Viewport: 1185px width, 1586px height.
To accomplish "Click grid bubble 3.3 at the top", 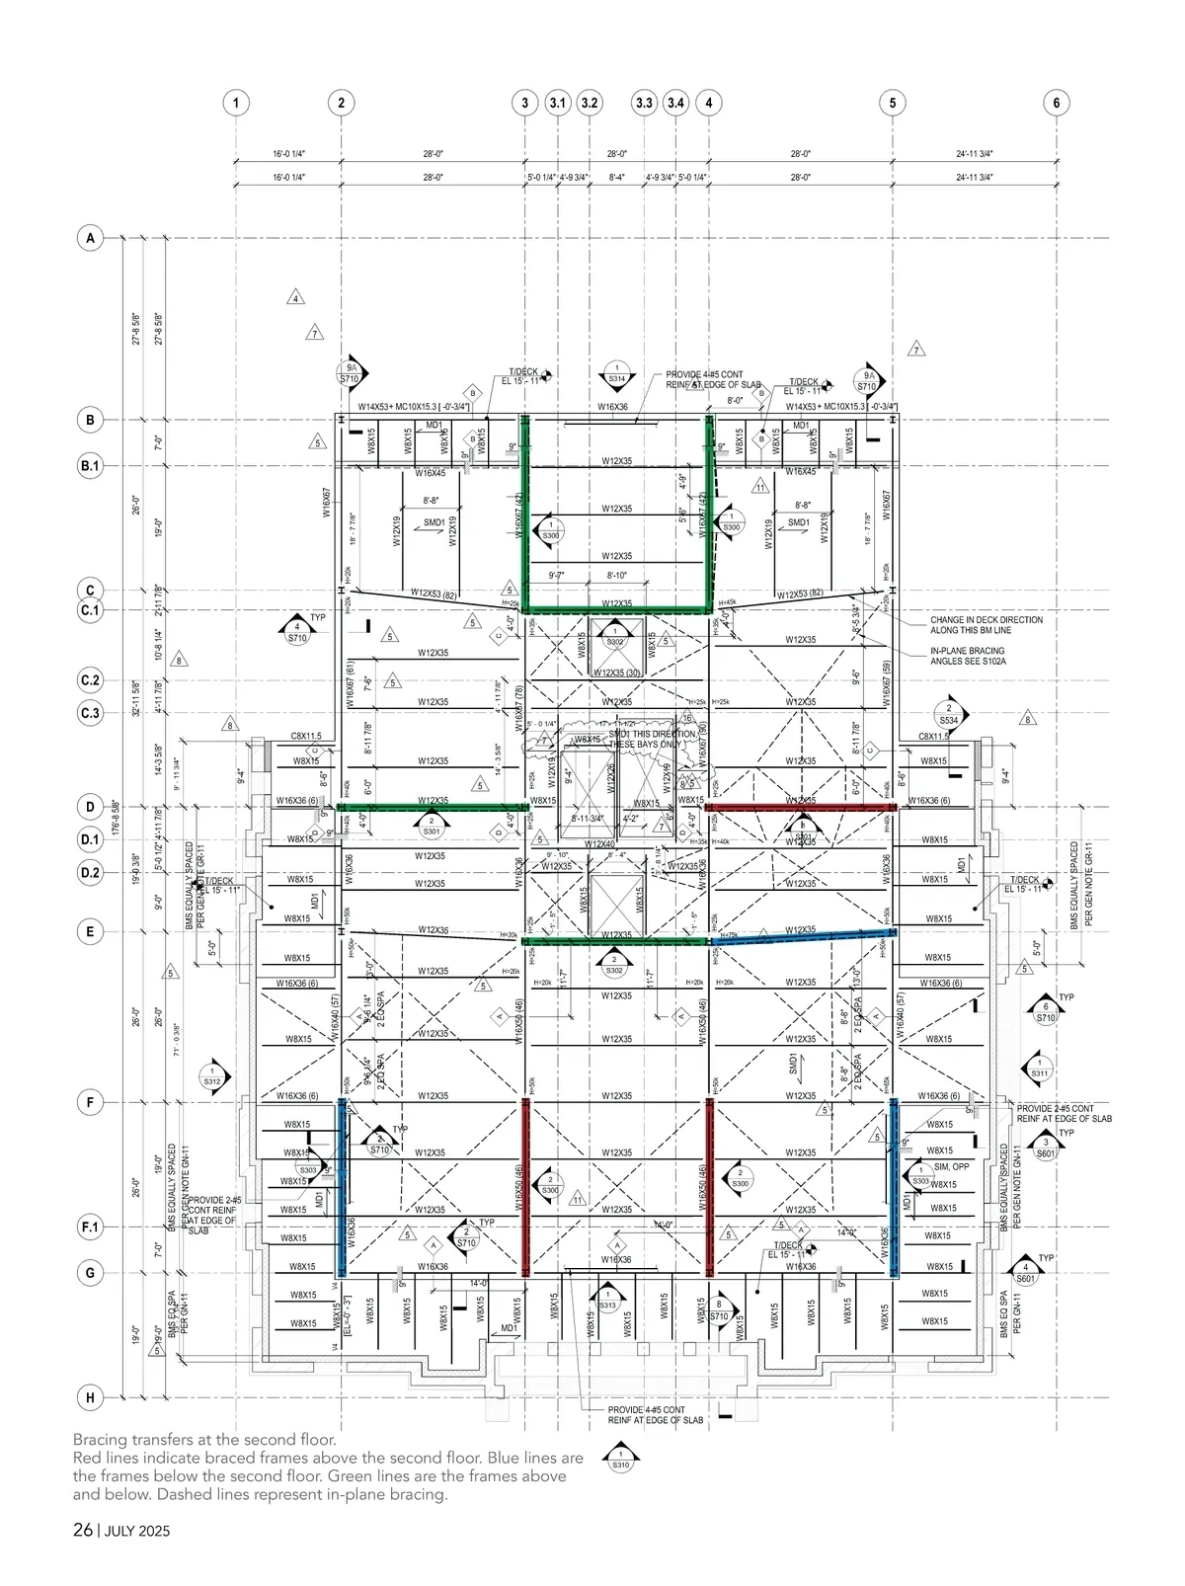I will pos(644,103).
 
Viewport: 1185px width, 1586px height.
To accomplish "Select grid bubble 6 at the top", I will pos(1056,103).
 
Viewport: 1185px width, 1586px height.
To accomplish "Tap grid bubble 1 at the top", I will pos(235,103).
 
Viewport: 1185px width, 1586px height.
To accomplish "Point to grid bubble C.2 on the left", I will pos(90,680).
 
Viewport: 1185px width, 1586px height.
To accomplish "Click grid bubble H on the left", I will pos(90,1397).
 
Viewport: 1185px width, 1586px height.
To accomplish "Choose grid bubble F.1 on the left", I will pos(90,1228).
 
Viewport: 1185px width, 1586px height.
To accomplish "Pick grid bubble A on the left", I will pos(90,238).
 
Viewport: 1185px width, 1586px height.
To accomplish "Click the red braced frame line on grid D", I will pos(801,807).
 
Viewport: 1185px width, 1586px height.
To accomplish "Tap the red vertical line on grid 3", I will pos(524,1185).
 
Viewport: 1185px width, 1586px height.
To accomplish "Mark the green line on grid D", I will pos(431,807).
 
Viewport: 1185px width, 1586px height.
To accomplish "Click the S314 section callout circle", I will pos(617,373).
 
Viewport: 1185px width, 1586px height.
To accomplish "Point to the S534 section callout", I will pos(949,713).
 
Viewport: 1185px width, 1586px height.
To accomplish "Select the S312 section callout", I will pos(211,1076).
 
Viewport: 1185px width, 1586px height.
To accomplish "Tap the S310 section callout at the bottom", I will pos(620,1460).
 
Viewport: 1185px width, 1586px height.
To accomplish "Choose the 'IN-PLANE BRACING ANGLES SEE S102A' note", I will pos(968,657).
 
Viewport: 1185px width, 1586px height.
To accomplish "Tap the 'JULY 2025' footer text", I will pos(137,1532).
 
